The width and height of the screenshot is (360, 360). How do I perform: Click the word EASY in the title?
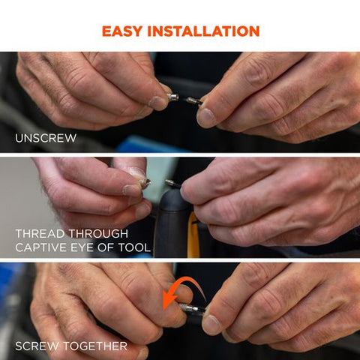click(122, 31)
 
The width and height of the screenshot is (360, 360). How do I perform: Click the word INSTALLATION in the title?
click(203, 31)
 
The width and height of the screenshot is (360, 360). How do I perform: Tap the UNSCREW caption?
click(46, 138)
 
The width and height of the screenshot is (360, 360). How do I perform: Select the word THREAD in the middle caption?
click(40, 234)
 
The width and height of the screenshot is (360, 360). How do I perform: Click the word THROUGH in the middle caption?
click(98, 234)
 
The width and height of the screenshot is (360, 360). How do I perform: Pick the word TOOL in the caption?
click(134, 247)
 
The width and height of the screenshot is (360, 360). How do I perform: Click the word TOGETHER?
click(95, 346)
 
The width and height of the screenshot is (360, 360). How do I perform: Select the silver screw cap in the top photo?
click(172, 97)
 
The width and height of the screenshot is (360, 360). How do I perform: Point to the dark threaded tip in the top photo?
click(193, 100)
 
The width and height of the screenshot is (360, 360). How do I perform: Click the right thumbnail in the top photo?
click(205, 118)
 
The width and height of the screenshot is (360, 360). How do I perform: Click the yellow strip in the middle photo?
click(193, 235)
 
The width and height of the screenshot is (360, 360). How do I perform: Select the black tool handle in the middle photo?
click(171, 223)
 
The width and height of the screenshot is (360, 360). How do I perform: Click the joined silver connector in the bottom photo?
click(192, 308)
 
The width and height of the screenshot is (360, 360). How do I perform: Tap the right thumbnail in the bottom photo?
click(211, 325)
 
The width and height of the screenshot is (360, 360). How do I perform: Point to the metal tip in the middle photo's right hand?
click(172, 184)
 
